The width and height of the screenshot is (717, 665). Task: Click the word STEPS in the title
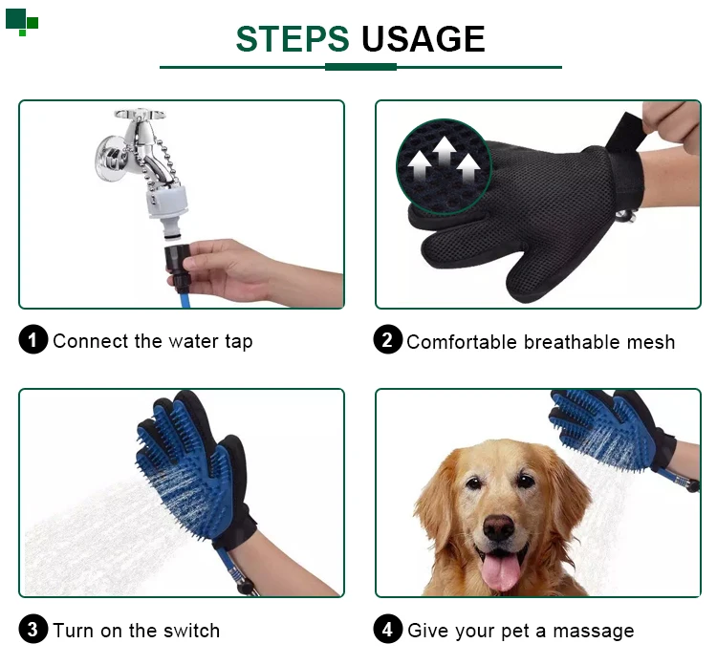(293, 39)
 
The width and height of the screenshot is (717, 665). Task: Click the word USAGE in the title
(423, 39)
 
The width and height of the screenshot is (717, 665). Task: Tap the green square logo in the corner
(22, 22)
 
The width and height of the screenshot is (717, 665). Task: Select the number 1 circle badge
(33, 339)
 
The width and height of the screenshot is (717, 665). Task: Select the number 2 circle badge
(388, 339)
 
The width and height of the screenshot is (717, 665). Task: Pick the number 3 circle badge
(33, 629)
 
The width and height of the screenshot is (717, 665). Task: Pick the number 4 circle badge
(388, 629)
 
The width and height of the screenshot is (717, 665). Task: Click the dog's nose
(499, 527)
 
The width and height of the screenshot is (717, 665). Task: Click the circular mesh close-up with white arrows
(444, 167)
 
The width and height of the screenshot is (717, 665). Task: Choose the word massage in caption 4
(594, 632)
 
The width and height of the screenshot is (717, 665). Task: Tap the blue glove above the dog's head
(608, 430)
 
